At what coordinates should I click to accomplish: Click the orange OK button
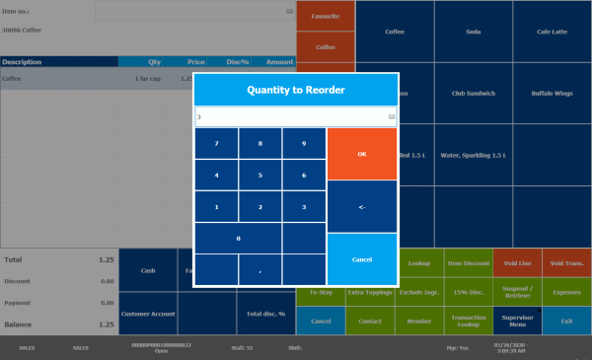(361, 153)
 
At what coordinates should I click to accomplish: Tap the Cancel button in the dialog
(361, 258)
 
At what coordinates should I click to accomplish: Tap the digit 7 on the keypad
(217, 143)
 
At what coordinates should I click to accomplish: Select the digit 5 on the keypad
(260, 176)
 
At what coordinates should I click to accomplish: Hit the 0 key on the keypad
(238, 238)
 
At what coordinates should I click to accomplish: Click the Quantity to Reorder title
(296, 90)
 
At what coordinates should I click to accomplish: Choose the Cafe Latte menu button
(552, 31)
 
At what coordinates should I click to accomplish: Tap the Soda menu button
(473, 31)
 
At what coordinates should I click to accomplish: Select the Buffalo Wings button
(552, 93)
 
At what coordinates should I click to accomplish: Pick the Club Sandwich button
(473, 93)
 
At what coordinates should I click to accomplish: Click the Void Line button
(517, 262)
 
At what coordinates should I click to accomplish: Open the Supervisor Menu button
(517, 321)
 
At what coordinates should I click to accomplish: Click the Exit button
(566, 321)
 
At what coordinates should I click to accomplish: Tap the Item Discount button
(468, 262)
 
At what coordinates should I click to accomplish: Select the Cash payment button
(148, 269)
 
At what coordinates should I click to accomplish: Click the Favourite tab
(326, 17)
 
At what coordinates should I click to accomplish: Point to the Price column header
(196, 61)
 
